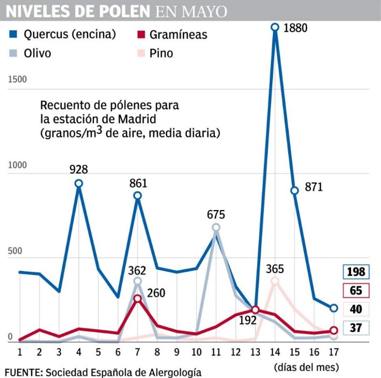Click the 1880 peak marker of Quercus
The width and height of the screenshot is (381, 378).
tap(274, 27)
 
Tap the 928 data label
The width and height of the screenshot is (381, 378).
tap(79, 170)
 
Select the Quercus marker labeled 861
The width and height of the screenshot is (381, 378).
tap(137, 195)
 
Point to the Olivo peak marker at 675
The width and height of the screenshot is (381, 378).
tap(216, 227)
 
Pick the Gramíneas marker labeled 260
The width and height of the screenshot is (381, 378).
tap(137, 299)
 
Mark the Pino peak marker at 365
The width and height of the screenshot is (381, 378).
tap(274, 281)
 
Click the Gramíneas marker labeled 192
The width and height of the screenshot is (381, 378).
tap(255, 310)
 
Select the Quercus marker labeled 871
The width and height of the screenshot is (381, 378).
tap(294, 191)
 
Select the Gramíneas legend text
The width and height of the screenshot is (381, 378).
tap(178, 35)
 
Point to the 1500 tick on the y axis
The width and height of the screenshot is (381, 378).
tap(17, 79)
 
